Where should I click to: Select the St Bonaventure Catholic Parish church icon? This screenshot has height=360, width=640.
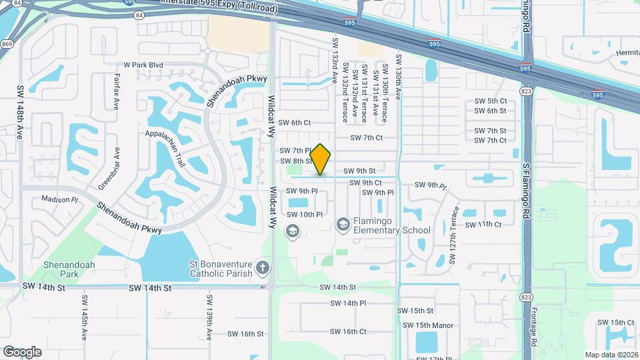(x=263, y=268)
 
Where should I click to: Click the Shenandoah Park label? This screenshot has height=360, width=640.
(x=69, y=269)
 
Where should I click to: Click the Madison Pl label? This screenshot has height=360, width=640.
(x=60, y=199)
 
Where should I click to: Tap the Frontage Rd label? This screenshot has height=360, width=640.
(x=533, y=327)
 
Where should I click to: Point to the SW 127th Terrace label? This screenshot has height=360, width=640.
(x=455, y=235)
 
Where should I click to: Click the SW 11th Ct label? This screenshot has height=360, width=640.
(x=483, y=225)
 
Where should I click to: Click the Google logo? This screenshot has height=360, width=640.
(x=22, y=351)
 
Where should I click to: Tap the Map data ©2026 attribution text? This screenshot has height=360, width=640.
(x=611, y=355)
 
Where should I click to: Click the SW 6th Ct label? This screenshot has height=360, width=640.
(x=295, y=123)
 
